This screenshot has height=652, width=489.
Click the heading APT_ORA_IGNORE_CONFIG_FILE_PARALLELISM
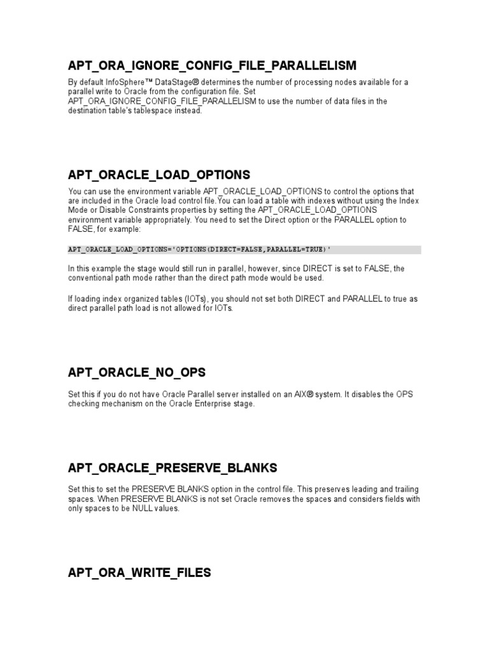tap(212, 66)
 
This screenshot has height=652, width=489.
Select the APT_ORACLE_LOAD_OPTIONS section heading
tap(159, 174)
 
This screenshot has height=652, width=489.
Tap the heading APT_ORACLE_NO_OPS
tap(136, 372)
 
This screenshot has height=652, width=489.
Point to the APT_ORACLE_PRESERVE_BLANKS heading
tap(172, 468)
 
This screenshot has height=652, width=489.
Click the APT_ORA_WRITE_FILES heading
tap(139, 573)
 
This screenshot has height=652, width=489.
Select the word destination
tap(89, 111)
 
